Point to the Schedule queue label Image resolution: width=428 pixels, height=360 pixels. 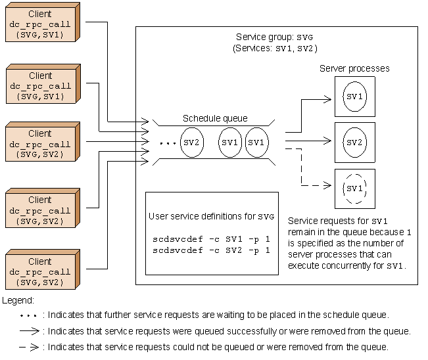point(215,118)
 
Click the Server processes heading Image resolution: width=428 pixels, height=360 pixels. point(354,68)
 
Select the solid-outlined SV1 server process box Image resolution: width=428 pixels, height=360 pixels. point(355,97)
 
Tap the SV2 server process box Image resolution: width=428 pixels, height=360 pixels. point(355,142)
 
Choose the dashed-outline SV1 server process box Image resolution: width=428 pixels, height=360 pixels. point(355,189)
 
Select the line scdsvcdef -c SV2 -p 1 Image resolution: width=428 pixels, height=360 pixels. point(211,250)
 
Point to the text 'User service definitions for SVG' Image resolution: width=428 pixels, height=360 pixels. point(212,216)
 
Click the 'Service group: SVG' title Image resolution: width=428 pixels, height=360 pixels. point(275,37)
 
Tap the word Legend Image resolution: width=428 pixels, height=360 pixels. point(18,300)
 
